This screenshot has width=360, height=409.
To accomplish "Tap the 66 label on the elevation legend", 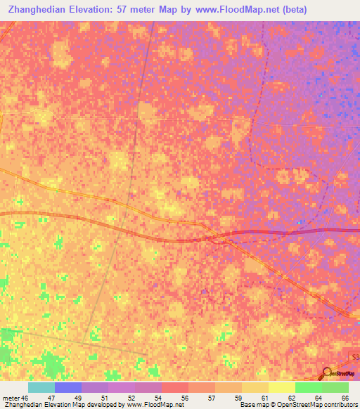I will [345, 398].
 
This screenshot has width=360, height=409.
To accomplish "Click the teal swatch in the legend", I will [41, 387].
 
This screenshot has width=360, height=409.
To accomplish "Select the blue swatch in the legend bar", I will [67, 387].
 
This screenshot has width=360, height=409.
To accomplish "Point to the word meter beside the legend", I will [10, 398].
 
